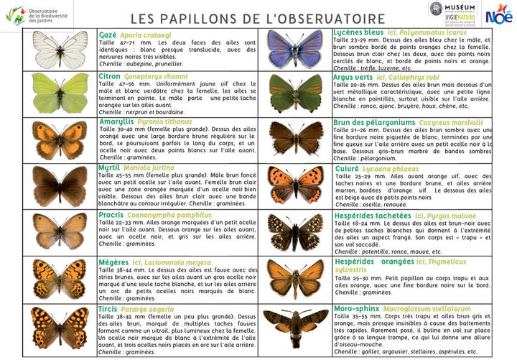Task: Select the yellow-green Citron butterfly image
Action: (x=61, y=93)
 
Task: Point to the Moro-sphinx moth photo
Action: (x=296, y=323)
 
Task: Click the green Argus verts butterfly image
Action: (x=296, y=93)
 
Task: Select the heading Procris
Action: (x=112, y=214)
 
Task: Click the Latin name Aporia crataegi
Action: (x=146, y=34)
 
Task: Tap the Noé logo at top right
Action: (x=498, y=12)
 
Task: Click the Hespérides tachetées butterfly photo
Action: (x=296, y=231)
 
